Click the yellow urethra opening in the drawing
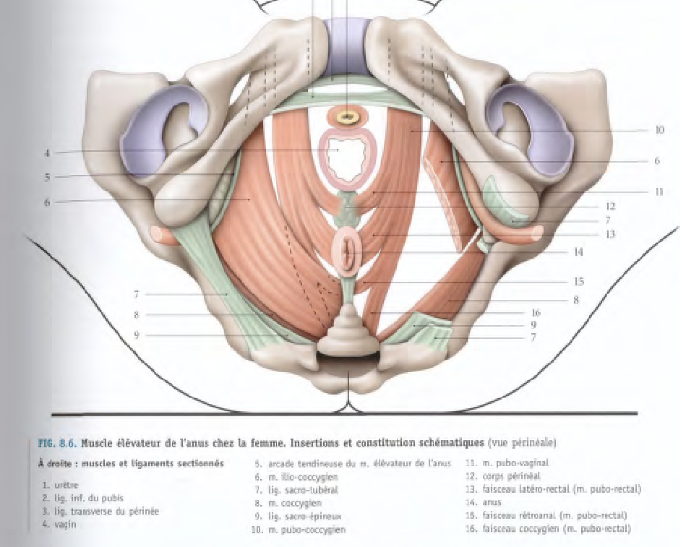coord(348,116)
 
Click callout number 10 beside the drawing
coord(659,131)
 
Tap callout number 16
coord(535,313)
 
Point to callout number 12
coord(610,206)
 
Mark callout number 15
coord(578,282)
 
